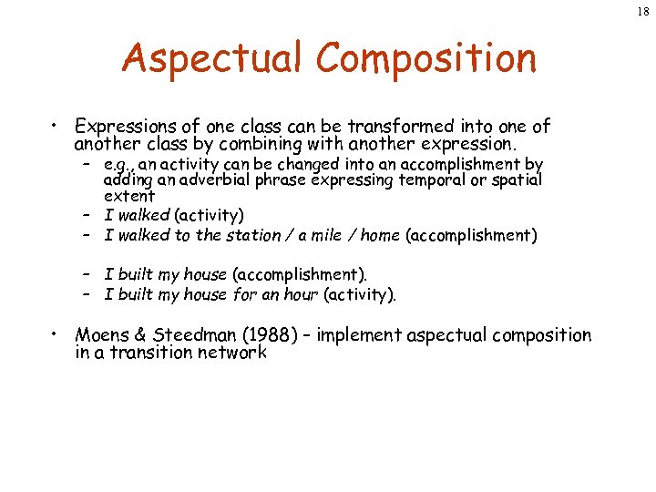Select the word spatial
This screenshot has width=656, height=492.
(518, 180)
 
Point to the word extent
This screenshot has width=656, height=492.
(129, 196)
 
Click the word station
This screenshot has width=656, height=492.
(253, 235)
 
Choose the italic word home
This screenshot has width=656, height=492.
(380, 235)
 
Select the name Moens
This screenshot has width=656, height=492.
(104, 335)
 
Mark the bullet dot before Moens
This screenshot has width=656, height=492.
(56, 333)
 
